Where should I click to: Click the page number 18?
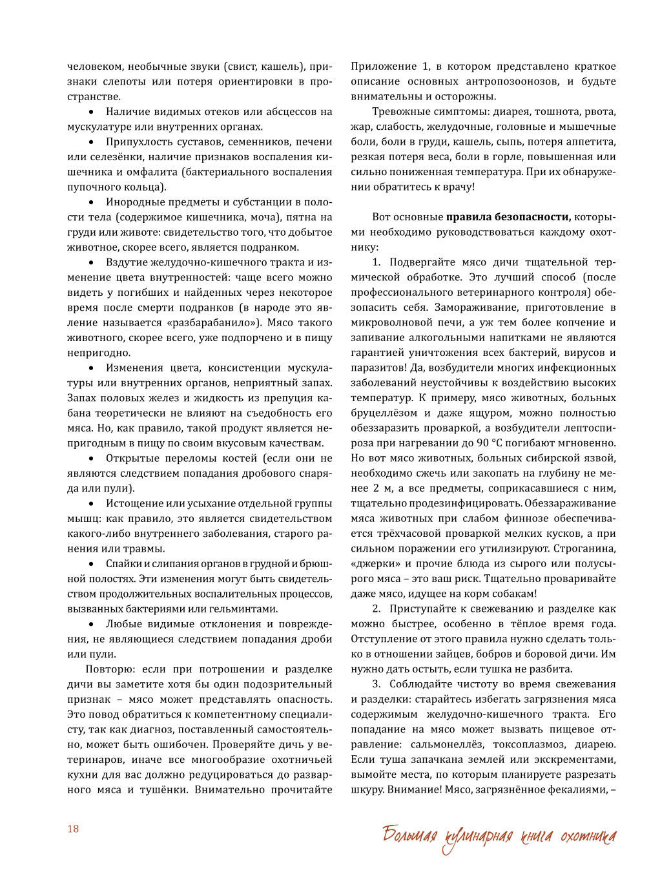coord(73,829)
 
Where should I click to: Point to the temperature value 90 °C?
coord(488,443)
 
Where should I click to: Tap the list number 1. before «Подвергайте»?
coord(377,262)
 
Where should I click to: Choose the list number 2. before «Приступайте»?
coord(377,609)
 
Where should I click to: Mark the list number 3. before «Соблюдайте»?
coord(377,684)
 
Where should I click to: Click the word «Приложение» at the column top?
coord(384,67)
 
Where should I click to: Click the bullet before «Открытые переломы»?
coord(91,459)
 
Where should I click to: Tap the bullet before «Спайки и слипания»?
coord(91,564)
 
